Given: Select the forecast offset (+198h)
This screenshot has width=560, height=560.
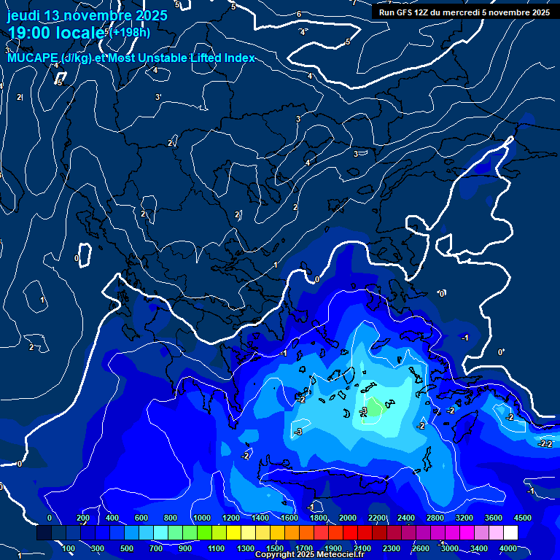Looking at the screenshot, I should [131, 32].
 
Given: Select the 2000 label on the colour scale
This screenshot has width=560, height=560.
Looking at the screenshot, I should [347, 518].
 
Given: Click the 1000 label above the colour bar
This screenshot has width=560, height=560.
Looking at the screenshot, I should [201, 518].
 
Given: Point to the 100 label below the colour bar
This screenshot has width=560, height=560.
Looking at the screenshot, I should [69, 548].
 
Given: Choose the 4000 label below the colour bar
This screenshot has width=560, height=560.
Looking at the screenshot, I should [508, 548].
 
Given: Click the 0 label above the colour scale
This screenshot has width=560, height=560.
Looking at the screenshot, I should [50, 518].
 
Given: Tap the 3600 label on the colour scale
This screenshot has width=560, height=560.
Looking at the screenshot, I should [494, 518].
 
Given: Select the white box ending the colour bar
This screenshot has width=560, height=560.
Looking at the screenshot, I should [510, 533].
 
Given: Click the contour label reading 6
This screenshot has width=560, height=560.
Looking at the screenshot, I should [299, 14].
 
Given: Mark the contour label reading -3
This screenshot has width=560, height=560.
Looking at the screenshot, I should [298, 432].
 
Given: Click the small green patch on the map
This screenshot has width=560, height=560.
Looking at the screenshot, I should [373, 408].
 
